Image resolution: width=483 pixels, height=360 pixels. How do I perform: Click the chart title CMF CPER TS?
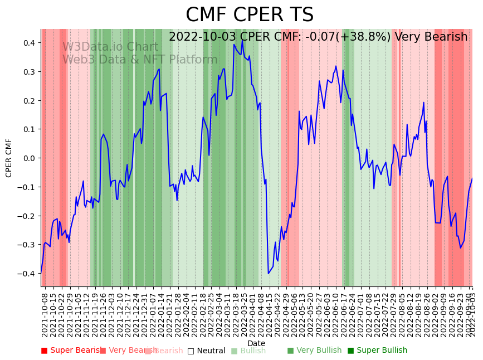250,15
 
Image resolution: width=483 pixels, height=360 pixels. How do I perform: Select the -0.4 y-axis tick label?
26,274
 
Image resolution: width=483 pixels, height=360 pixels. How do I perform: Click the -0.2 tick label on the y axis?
26,216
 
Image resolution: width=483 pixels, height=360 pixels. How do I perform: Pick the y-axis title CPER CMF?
9,158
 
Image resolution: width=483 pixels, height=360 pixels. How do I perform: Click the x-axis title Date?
256,343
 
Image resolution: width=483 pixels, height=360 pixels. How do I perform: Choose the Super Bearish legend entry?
71,351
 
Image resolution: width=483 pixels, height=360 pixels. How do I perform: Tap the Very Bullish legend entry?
314,351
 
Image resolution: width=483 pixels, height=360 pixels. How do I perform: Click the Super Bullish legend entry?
377,351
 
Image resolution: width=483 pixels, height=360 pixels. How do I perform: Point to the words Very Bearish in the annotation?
431,37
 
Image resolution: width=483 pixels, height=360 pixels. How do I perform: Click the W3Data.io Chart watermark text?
110,47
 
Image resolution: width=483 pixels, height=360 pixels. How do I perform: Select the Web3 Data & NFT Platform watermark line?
140,60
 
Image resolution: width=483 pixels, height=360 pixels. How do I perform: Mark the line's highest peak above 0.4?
242,40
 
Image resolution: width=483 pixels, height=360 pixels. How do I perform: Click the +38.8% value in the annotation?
367,37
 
